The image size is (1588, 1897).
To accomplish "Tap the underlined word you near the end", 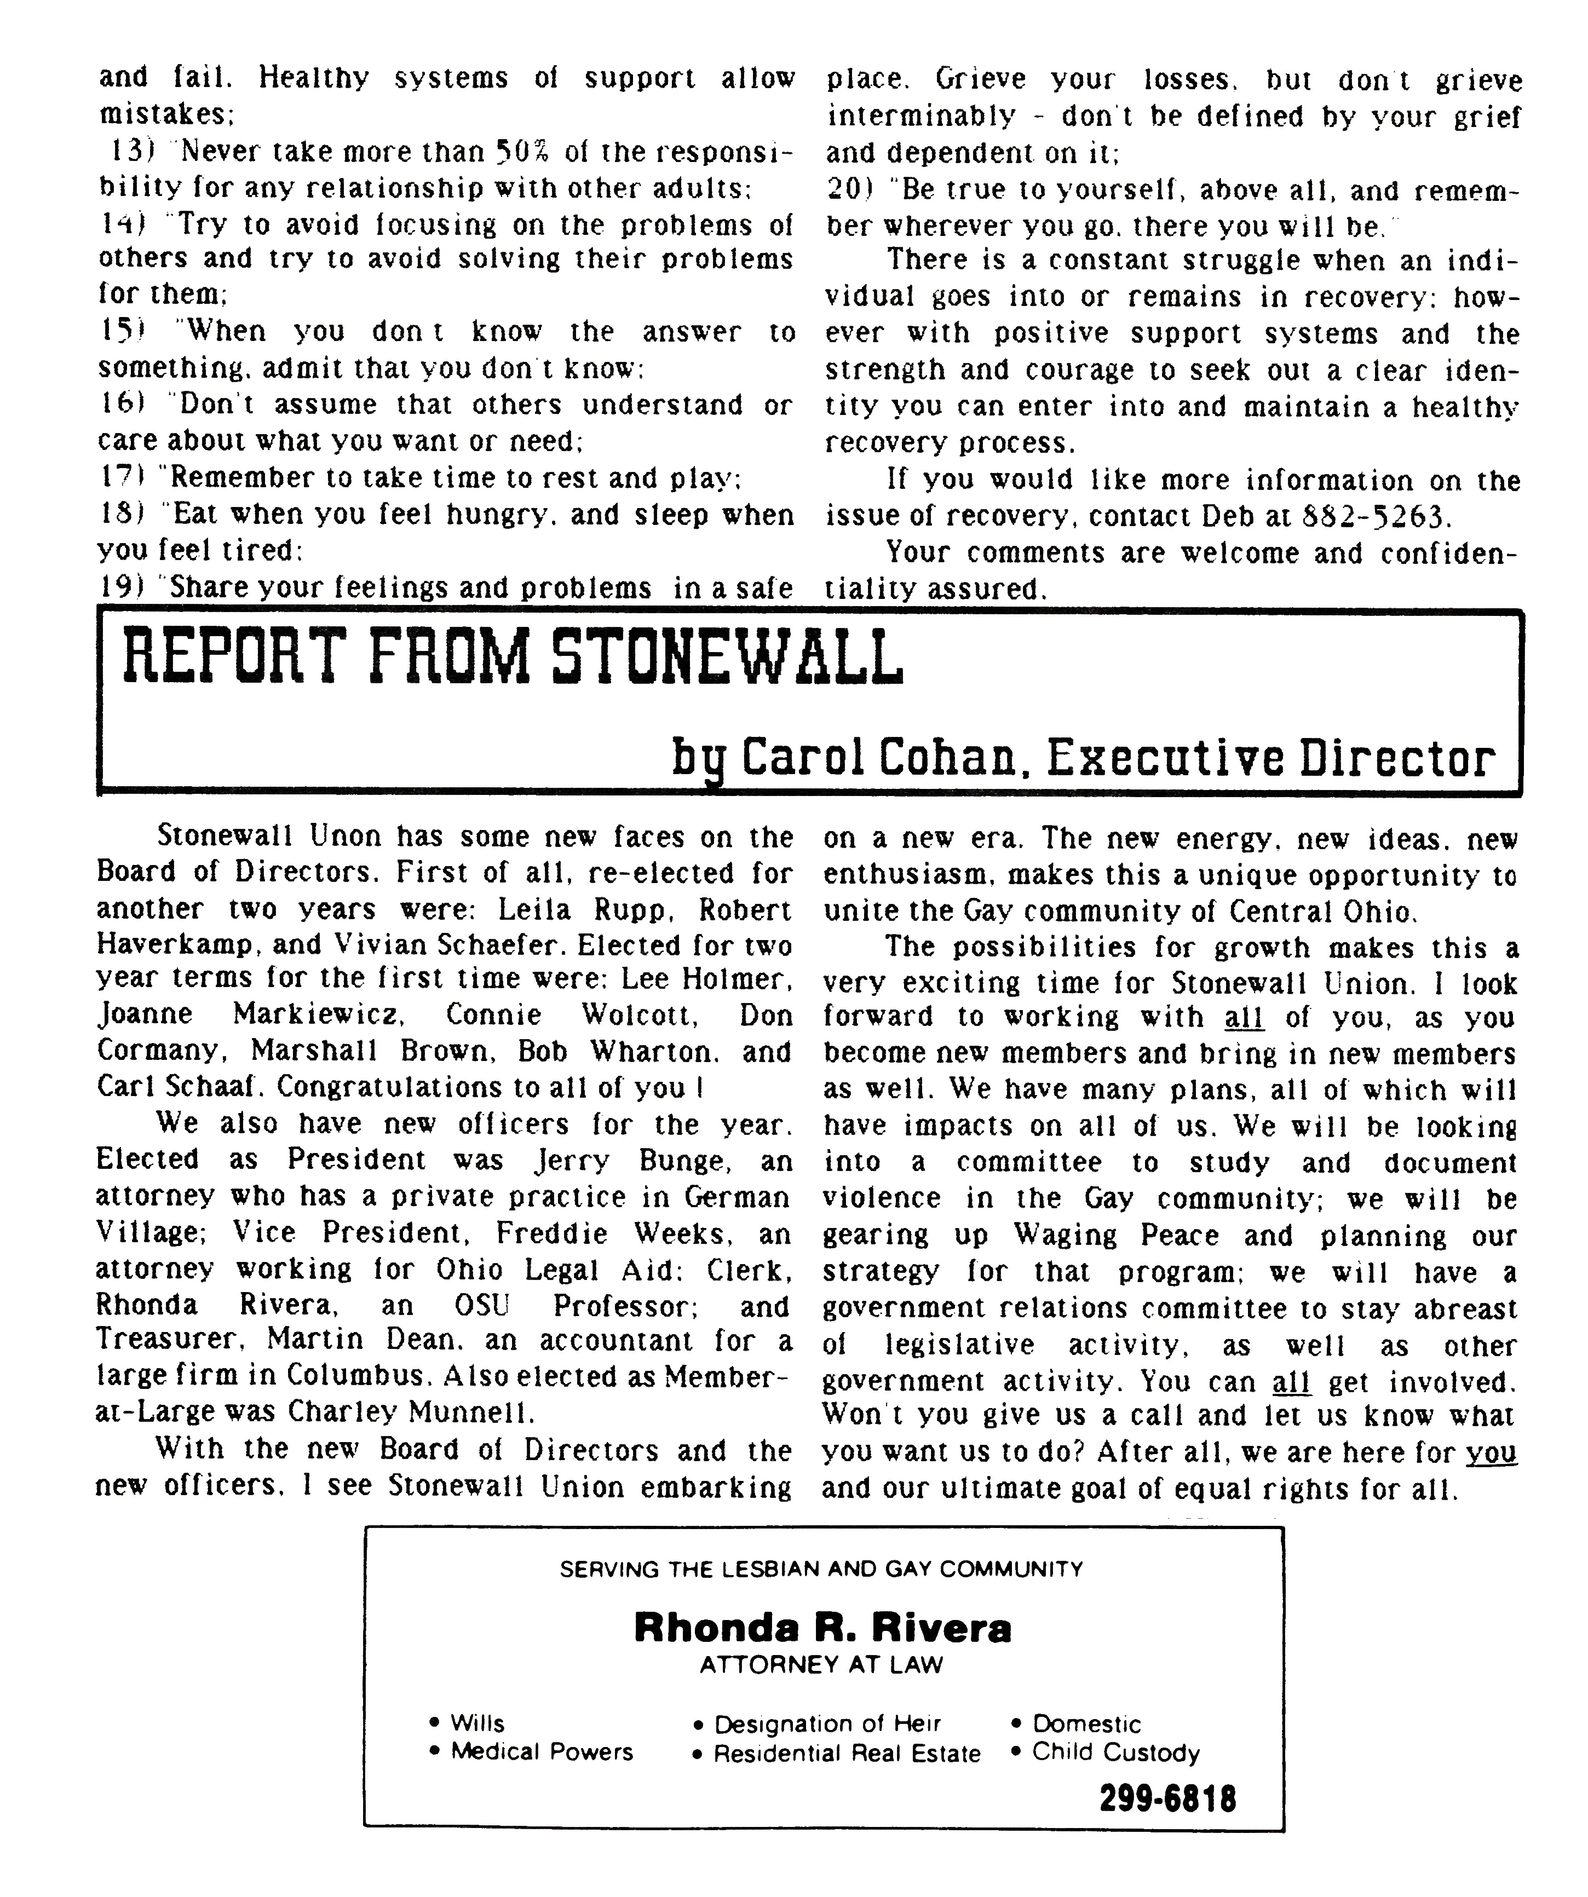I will pyautogui.click(x=1491, y=1452).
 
